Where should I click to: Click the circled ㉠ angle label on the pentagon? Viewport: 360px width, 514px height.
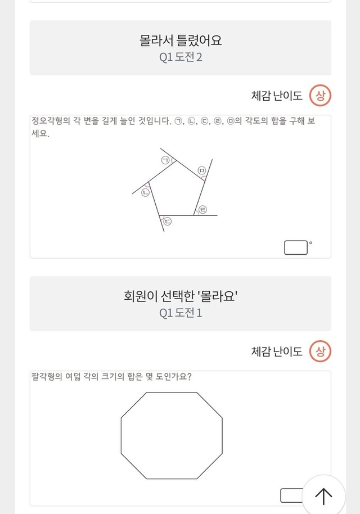pyautogui.click(x=165, y=160)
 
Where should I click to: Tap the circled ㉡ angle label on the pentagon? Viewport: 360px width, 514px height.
pyautogui.click(x=145, y=192)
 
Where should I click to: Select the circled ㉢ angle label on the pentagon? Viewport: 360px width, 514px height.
pyautogui.click(x=167, y=221)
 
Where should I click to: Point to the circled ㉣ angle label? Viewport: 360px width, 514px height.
pyautogui.click(x=203, y=209)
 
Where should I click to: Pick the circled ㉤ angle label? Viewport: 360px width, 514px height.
pyautogui.click(x=201, y=170)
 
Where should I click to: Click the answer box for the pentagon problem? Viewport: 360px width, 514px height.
pyautogui.click(x=296, y=247)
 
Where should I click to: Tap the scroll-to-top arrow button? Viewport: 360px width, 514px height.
pyautogui.click(x=323, y=496)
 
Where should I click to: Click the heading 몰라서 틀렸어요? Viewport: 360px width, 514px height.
pyautogui.click(x=181, y=40)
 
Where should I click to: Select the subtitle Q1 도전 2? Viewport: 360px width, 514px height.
pyautogui.click(x=181, y=57)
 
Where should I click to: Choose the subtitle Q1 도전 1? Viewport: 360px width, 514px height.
pyautogui.click(x=181, y=313)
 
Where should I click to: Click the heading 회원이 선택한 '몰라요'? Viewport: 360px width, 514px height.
pyautogui.click(x=181, y=296)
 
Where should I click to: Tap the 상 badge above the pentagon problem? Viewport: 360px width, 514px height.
pyautogui.click(x=320, y=96)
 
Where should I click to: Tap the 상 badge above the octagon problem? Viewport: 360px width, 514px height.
pyautogui.click(x=320, y=351)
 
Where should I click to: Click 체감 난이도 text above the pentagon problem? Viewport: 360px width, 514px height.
pyautogui.click(x=277, y=96)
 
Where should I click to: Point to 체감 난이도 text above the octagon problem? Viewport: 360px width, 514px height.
pyautogui.click(x=277, y=351)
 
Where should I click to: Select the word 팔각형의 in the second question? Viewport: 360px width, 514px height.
pyautogui.click(x=47, y=376)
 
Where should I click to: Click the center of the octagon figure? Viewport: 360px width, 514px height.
pyautogui.click(x=172, y=435)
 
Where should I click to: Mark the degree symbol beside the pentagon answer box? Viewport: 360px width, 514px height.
pyautogui.click(x=310, y=243)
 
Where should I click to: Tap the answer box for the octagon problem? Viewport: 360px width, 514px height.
pyautogui.click(x=292, y=495)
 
